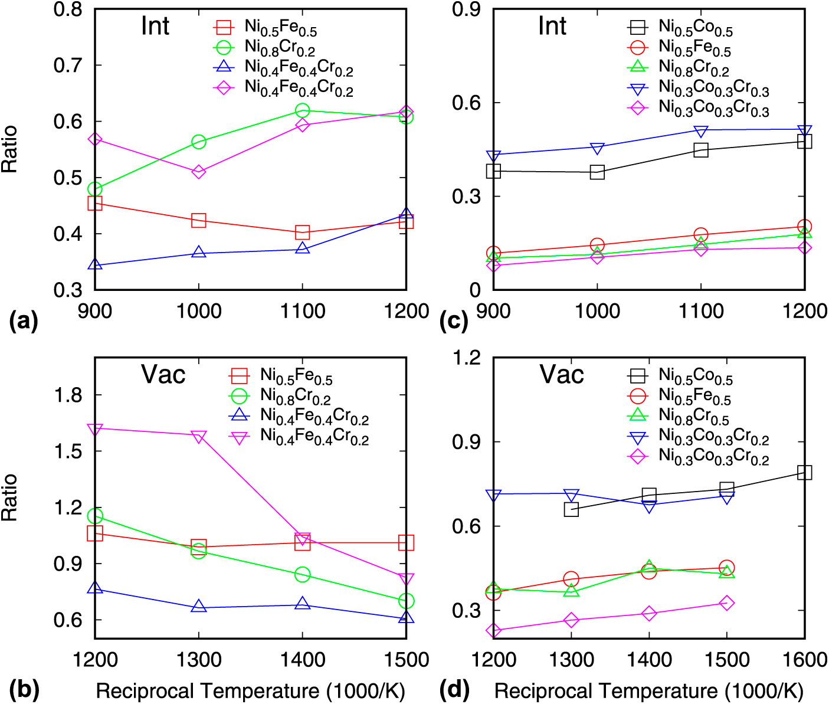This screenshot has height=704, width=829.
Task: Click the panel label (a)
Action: pos(24,321)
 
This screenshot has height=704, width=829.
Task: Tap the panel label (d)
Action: pos(454,689)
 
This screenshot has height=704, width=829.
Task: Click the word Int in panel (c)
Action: pos(552,26)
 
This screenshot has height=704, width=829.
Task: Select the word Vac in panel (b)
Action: pos(163,375)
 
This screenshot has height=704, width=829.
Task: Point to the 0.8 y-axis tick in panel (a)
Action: pos(67,9)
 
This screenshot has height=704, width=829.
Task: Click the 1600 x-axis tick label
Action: pos(804,660)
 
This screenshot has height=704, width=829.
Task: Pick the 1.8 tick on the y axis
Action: pos(67,395)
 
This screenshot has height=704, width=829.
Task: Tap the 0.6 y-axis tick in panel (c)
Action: pos(467,103)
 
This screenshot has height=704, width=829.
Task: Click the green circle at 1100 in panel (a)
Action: pos(302,110)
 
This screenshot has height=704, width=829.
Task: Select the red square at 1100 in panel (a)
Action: pos(302,233)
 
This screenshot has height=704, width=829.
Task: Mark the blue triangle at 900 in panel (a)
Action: pos(95,265)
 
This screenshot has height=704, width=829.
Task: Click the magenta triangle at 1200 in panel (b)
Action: pos(95,428)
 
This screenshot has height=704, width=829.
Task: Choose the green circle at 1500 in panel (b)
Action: pos(406,601)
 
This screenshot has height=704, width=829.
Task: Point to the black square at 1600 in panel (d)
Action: pos(804,472)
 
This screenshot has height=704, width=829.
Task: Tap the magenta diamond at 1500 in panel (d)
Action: pos(727,603)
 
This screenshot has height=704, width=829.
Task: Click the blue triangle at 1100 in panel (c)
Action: pos(701,131)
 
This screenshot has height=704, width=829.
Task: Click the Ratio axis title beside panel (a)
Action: pos(10,149)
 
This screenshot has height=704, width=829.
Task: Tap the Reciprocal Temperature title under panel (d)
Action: pos(648,690)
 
